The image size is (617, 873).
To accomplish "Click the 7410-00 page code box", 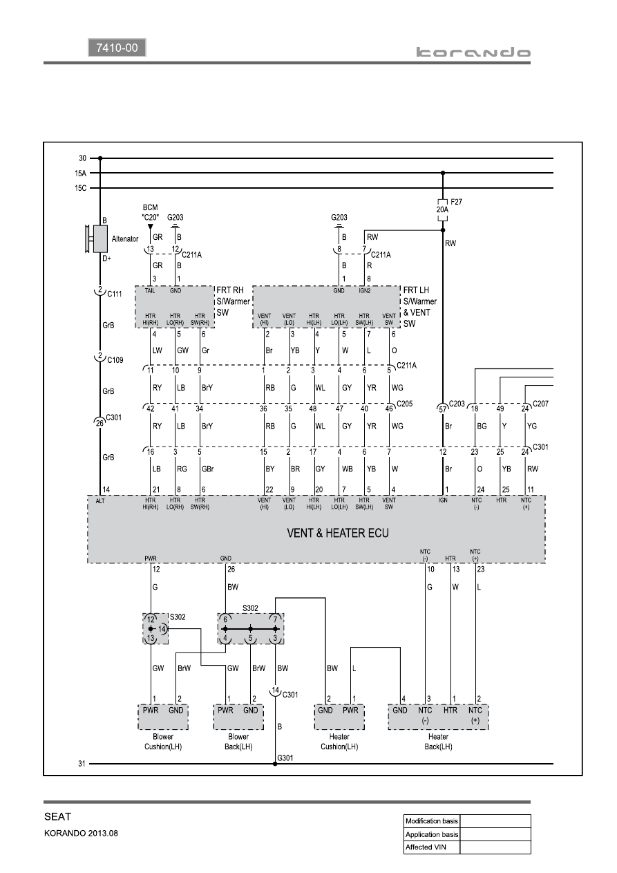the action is click(117, 48).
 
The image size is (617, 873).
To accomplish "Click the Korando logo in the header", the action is click(473, 53).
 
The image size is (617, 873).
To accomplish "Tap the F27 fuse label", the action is click(456, 202).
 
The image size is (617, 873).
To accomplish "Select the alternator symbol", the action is click(97, 239).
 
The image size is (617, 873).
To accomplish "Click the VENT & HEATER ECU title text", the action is click(338, 533).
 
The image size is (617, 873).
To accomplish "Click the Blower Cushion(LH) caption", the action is click(163, 742).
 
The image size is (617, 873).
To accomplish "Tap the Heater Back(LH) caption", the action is click(438, 742).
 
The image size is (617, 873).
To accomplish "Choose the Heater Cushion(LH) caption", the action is click(339, 742).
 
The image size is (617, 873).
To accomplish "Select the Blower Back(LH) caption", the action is click(238, 742).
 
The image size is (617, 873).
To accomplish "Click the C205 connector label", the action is click(405, 404).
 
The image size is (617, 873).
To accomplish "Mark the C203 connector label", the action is click(457, 404).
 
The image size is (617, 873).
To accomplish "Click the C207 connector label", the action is click(540, 404).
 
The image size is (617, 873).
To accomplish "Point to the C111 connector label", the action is click(115, 294).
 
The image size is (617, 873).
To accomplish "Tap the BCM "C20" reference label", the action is click(151, 212).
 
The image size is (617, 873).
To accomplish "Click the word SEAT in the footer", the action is click(57, 817).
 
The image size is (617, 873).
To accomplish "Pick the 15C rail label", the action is click(80, 188).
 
